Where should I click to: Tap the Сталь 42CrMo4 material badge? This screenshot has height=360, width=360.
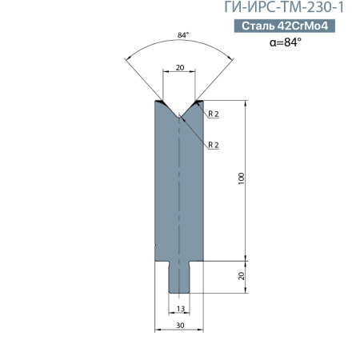tap(285, 26)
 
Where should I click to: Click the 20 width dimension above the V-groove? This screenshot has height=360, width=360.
tap(180, 68)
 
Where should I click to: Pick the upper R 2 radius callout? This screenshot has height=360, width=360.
tap(214, 114)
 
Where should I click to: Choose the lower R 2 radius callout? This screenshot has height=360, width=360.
tap(214, 145)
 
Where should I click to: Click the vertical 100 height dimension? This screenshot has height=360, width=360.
tap(241, 179)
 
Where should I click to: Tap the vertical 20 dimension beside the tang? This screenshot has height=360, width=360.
tap(241, 276)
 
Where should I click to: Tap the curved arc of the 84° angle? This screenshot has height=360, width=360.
tap(180, 42)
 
